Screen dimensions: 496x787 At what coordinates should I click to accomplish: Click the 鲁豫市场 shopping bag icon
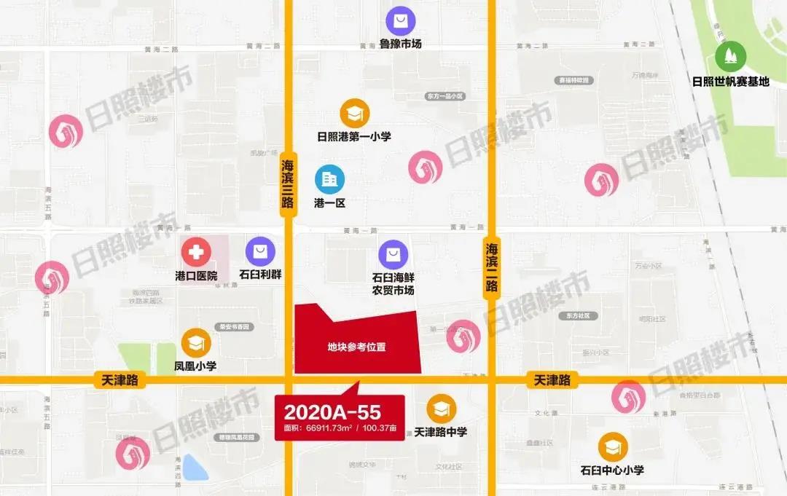[400, 20]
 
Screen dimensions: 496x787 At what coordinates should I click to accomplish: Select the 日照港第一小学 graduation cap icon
[354, 113]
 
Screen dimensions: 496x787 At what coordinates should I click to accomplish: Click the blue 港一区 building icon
[329, 178]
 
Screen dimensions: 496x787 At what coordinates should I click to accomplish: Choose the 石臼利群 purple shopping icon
[260, 252]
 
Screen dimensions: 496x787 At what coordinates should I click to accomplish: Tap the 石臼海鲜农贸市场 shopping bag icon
[393, 254]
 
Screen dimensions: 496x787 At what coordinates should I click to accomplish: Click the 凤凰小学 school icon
[196, 342]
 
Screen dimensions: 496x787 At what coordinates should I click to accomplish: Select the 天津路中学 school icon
[440, 409]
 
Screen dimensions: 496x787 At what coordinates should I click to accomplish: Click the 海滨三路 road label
[288, 185]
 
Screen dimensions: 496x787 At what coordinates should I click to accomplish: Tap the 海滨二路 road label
[492, 267]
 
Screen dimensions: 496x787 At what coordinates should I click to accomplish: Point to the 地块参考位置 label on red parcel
[356, 347]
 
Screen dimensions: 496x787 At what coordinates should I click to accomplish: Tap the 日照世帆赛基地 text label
[730, 82]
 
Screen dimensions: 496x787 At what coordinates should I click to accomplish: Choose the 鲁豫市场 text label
[400, 44]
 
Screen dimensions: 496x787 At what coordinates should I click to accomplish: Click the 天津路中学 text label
[440, 432]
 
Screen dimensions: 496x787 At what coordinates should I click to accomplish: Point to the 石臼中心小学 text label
[612, 471]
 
